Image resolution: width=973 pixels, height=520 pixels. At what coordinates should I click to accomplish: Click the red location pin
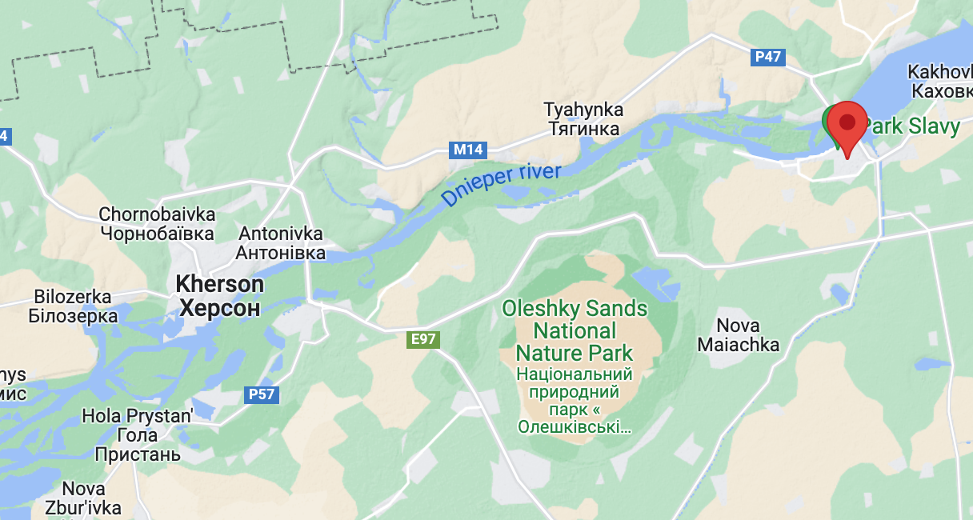847,125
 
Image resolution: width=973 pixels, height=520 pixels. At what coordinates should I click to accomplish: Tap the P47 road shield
768,57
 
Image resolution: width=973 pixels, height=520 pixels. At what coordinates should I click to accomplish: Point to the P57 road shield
262,394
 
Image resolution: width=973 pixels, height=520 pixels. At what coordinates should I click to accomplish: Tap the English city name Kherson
219,284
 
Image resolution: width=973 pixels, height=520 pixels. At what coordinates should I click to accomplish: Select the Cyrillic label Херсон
219,308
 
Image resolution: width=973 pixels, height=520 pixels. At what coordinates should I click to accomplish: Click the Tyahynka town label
583,110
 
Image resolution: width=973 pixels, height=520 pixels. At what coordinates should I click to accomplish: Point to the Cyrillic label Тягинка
583,129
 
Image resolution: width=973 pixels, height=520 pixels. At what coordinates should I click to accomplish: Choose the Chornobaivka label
157,214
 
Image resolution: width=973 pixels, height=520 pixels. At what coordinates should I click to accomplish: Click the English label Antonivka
281,234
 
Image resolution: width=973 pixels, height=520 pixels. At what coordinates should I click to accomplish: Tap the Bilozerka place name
73,297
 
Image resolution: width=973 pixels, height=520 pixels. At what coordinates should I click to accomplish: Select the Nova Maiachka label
738,335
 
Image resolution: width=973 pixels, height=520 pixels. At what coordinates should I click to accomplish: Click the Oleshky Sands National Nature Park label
575,330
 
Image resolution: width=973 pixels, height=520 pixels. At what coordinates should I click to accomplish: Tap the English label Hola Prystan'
138,416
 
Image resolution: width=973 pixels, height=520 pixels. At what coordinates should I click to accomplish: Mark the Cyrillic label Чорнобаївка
157,234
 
